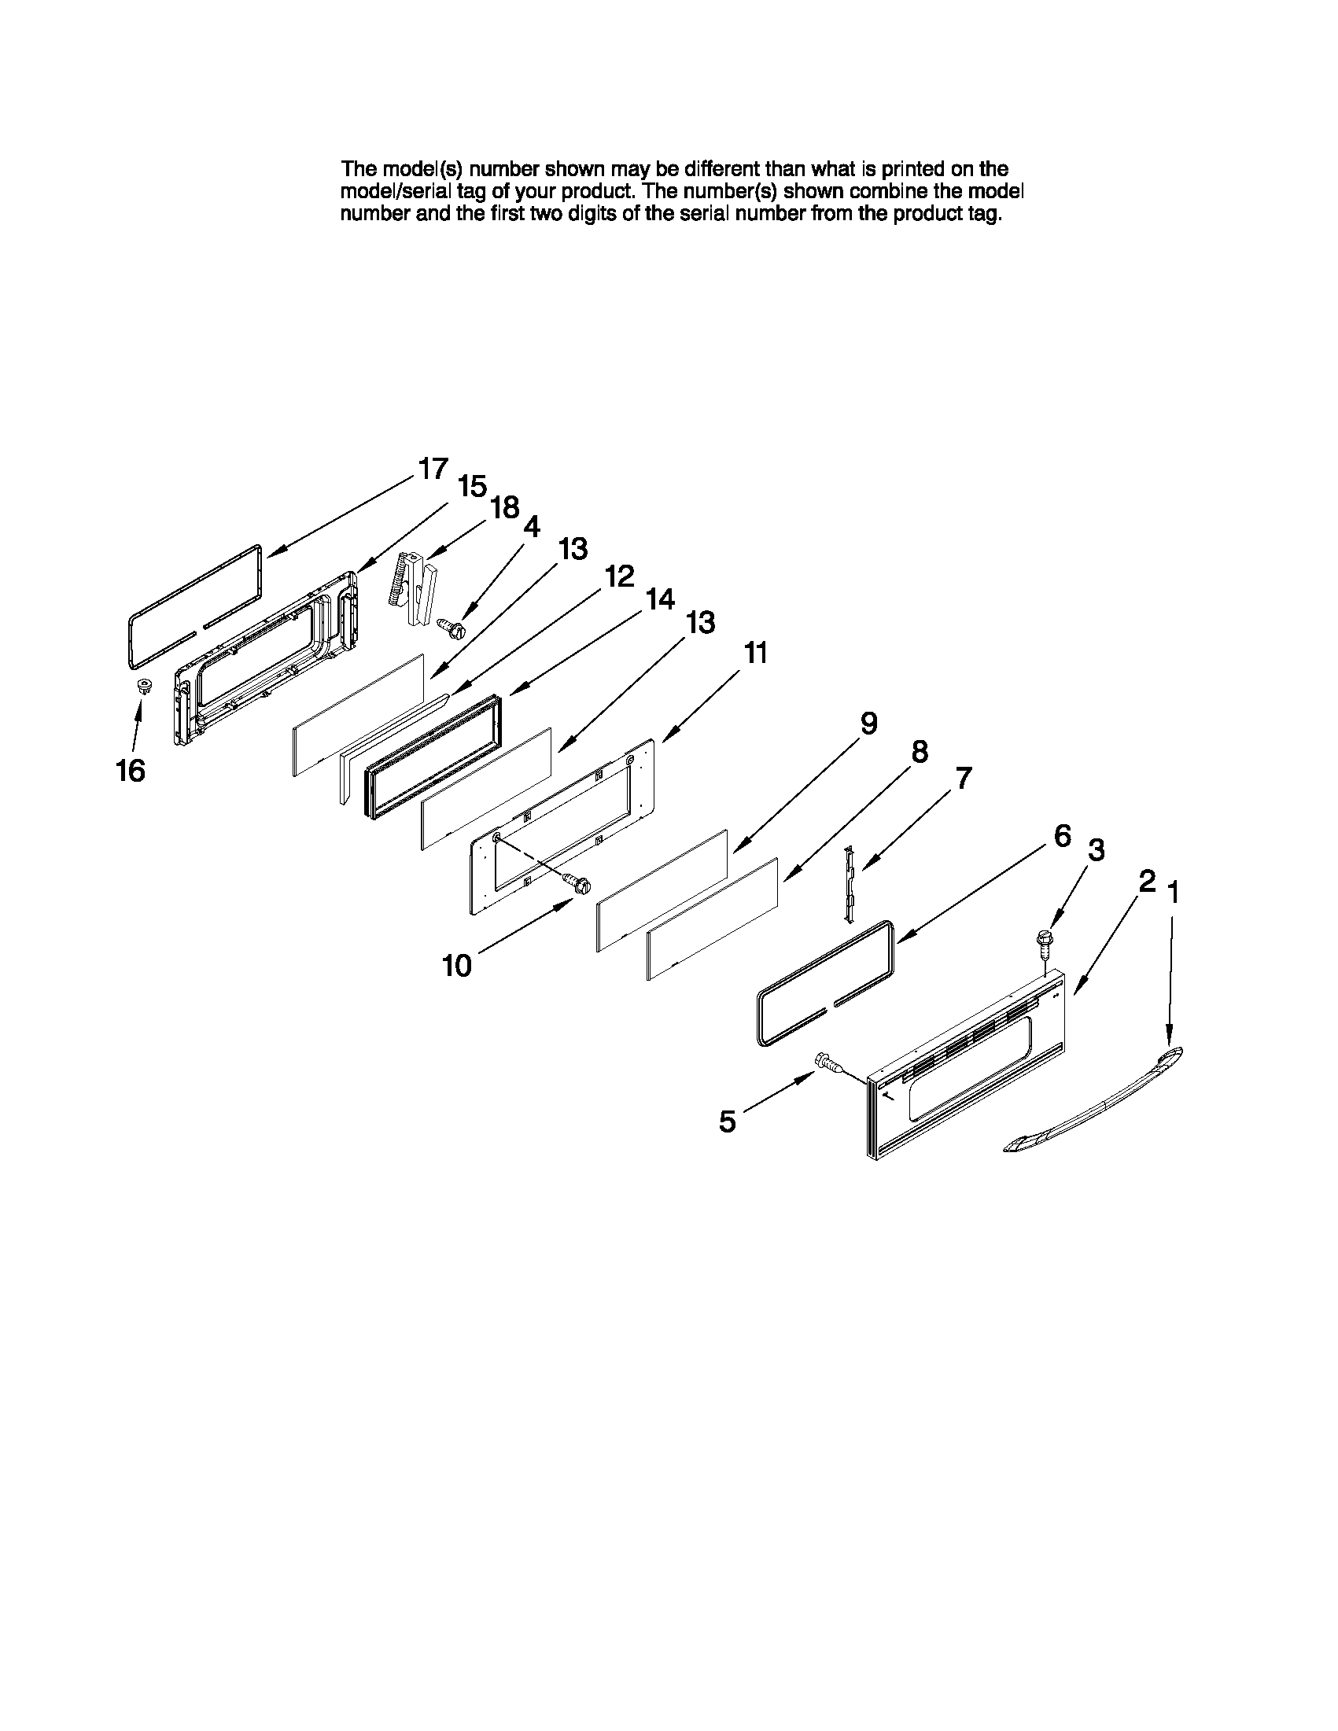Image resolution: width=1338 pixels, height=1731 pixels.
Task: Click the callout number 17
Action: [x=433, y=469]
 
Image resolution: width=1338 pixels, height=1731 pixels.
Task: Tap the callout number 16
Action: [x=131, y=771]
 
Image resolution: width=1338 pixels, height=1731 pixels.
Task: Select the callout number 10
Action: [x=457, y=965]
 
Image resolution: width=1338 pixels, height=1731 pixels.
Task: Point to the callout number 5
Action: [x=727, y=1121]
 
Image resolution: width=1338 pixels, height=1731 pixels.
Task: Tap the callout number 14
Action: [x=659, y=599]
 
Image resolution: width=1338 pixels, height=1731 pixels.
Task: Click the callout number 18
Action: [x=504, y=506]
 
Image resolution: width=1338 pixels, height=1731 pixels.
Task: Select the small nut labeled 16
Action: [x=143, y=687]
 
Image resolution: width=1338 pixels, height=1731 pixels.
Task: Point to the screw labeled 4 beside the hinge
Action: [x=452, y=628]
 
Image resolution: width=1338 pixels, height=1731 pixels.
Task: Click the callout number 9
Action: [x=868, y=723]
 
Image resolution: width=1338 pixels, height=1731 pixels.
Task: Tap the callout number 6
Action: [x=1062, y=835]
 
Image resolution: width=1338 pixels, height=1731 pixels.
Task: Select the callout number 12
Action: [x=619, y=576]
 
